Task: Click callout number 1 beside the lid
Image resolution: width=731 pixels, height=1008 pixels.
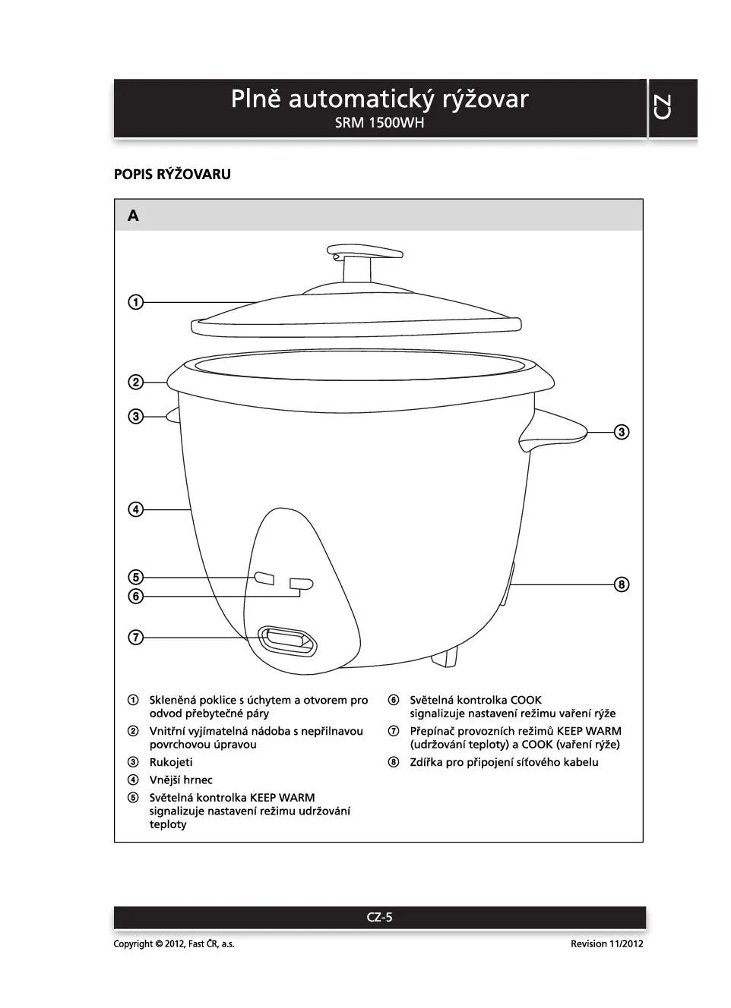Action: coord(135,302)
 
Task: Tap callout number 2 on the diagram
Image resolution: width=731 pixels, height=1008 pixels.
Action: coord(135,382)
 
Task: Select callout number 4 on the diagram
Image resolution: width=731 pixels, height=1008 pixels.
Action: coord(135,509)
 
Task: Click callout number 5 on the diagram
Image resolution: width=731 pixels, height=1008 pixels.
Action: coord(135,578)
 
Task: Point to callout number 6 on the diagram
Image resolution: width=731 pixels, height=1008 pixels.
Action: coord(135,597)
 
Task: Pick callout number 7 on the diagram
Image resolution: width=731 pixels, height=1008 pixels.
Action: coord(135,638)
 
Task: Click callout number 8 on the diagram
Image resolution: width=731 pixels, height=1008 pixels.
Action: coord(622,584)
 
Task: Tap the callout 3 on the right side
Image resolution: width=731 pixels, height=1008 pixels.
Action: coord(622,433)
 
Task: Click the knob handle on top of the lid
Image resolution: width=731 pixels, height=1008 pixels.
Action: coord(364,253)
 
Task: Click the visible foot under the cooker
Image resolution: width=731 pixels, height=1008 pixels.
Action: coord(448,656)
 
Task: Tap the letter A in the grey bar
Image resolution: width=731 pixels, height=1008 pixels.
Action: coord(133,216)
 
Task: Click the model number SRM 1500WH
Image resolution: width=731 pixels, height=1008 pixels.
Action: coord(379,123)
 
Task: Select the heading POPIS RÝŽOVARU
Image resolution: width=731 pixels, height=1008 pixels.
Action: coord(172,175)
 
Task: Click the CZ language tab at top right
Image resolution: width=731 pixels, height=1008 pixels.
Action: coord(663,107)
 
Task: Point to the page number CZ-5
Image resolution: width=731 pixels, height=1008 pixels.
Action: coord(379,917)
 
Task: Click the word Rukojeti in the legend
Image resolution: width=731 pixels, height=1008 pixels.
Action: coord(171,762)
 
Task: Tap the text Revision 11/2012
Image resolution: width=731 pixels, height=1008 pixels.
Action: coord(606,943)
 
